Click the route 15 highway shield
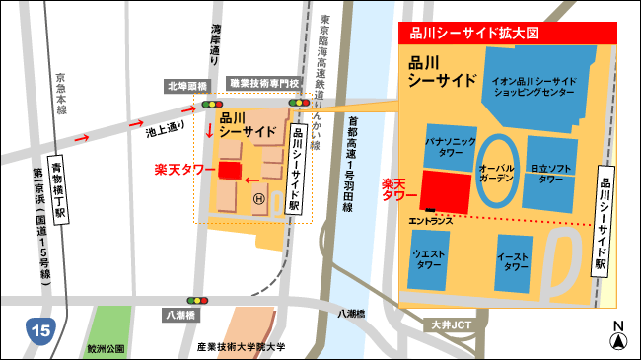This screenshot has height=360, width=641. click(40, 329)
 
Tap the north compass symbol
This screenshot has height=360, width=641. click(618, 339)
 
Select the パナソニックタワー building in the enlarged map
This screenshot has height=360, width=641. click(451, 148)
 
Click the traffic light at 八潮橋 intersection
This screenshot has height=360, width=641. click(198, 299)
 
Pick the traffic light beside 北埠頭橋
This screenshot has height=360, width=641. click(211, 103)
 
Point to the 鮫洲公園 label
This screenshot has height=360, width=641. click(107, 347)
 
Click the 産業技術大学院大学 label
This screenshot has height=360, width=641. click(241, 347)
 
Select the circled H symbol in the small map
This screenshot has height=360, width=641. click(259, 199)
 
